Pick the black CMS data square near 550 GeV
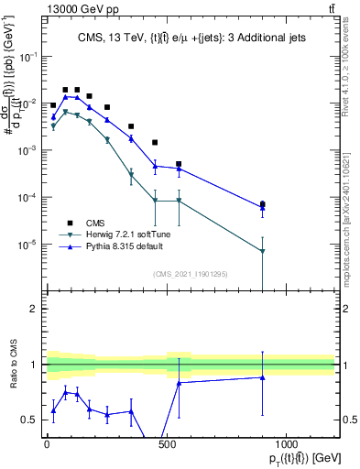[x=179, y=164]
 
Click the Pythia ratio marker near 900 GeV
[x=263, y=377]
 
